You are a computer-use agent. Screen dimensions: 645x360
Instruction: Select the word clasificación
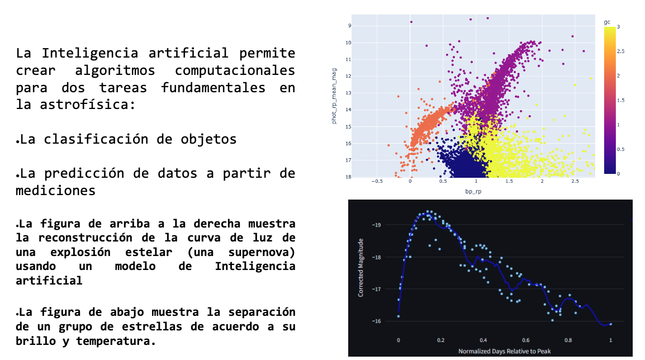[96, 139]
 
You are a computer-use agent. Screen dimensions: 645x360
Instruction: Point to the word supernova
[262, 252]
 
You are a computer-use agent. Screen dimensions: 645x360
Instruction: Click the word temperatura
[116, 342]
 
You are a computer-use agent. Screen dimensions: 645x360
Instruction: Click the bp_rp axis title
[473, 191]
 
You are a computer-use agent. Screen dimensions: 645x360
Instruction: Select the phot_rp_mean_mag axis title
[334, 96]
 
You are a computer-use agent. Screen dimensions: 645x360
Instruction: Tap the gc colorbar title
[607, 22]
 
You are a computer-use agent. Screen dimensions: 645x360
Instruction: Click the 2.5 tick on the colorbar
[621, 51]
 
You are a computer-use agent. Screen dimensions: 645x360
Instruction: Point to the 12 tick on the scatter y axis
[348, 76]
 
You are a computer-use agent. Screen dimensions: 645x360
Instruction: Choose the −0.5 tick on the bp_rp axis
[377, 181]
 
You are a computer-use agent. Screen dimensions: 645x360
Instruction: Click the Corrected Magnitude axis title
[361, 268]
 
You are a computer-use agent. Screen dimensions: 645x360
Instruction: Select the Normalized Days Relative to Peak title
[504, 352]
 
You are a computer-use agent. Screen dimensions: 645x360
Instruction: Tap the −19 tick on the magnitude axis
[376, 225]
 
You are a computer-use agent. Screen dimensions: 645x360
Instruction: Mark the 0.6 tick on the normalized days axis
[526, 340]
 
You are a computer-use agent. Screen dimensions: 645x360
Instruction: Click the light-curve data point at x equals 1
[610, 324]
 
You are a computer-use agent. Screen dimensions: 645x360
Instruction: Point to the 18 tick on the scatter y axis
[348, 177]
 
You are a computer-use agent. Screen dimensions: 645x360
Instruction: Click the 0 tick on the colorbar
[618, 174]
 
